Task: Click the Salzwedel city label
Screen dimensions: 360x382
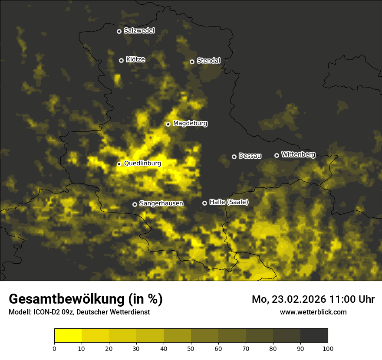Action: pyautogui.click(x=139, y=31)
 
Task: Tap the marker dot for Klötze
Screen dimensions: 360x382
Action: pyautogui.click(x=121, y=60)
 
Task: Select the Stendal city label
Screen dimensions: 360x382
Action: pyautogui.click(x=208, y=61)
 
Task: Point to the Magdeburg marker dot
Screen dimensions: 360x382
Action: pyautogui.click(x=168, y=124)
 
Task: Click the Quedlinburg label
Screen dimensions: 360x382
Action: pyautogui.click(x=142, y=164)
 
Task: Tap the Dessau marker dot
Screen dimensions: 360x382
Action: pyautogui.click(x=234, y=157)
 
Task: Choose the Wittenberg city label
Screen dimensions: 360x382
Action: pyautogui.click(x=298, y=154)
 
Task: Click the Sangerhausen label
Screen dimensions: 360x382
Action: pyautogui.click(x=161, y=203)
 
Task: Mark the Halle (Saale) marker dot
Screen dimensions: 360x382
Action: pyautogui.click(x=204, y=203)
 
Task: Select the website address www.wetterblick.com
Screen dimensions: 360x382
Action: pyautogui.click(x=313, y=312)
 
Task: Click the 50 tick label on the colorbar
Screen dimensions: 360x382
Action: pyautogui.click(x=191, y=348)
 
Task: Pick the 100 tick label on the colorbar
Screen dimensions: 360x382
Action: pyautogui.click(x=328, y=348)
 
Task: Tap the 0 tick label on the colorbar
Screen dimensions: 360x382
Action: pyautogui.click(x=54, y=348)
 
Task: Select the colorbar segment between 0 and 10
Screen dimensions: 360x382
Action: pyautogui.click(x=68, y=336)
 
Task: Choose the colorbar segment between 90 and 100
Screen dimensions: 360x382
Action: pyautogui.click(x=314, y=336)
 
